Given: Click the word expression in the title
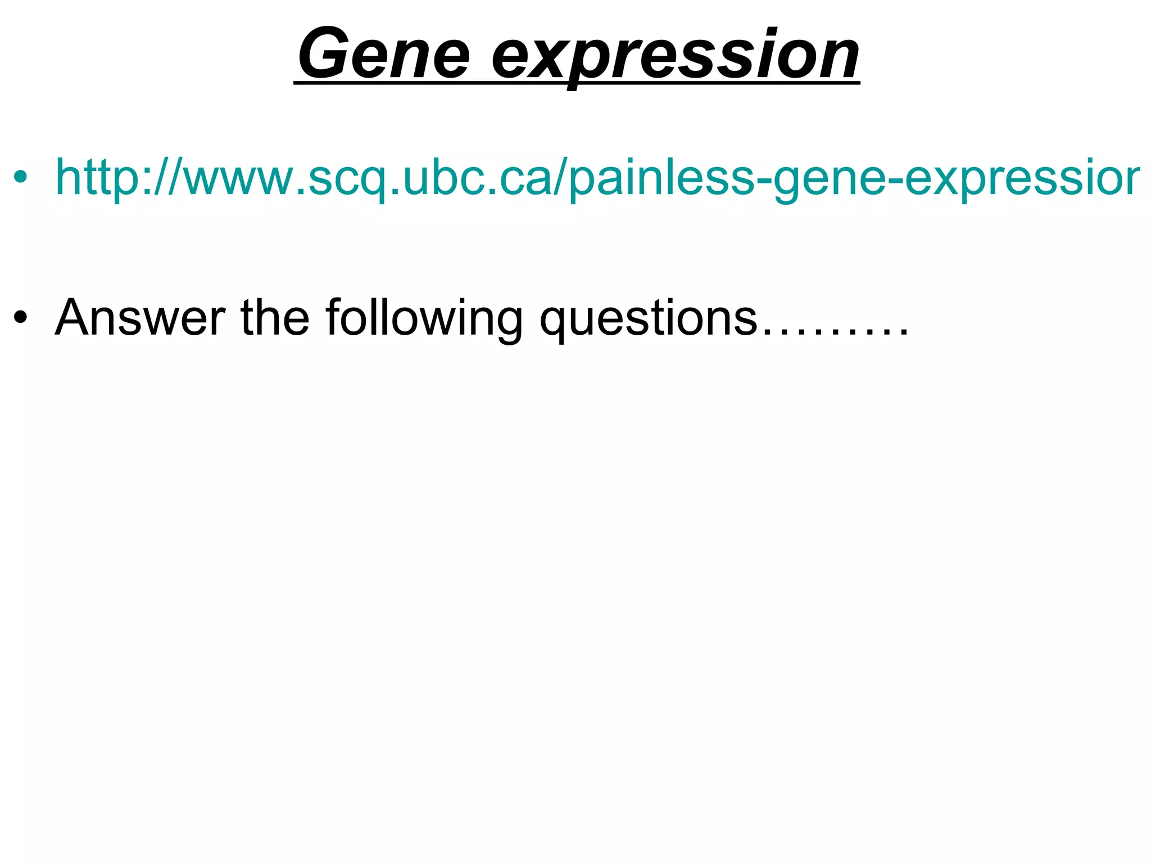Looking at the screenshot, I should pyautogui.click(x=675, y=56).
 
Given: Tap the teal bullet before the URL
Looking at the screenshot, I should pyautogui.click(x=21, y=178).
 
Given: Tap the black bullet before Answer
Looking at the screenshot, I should pyautogui.click(x=21, y=318).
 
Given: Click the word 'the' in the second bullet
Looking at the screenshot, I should pyautogui.click(x=275, y=318).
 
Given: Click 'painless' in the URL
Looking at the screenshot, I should pyautogui.click(x=661, y=178).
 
